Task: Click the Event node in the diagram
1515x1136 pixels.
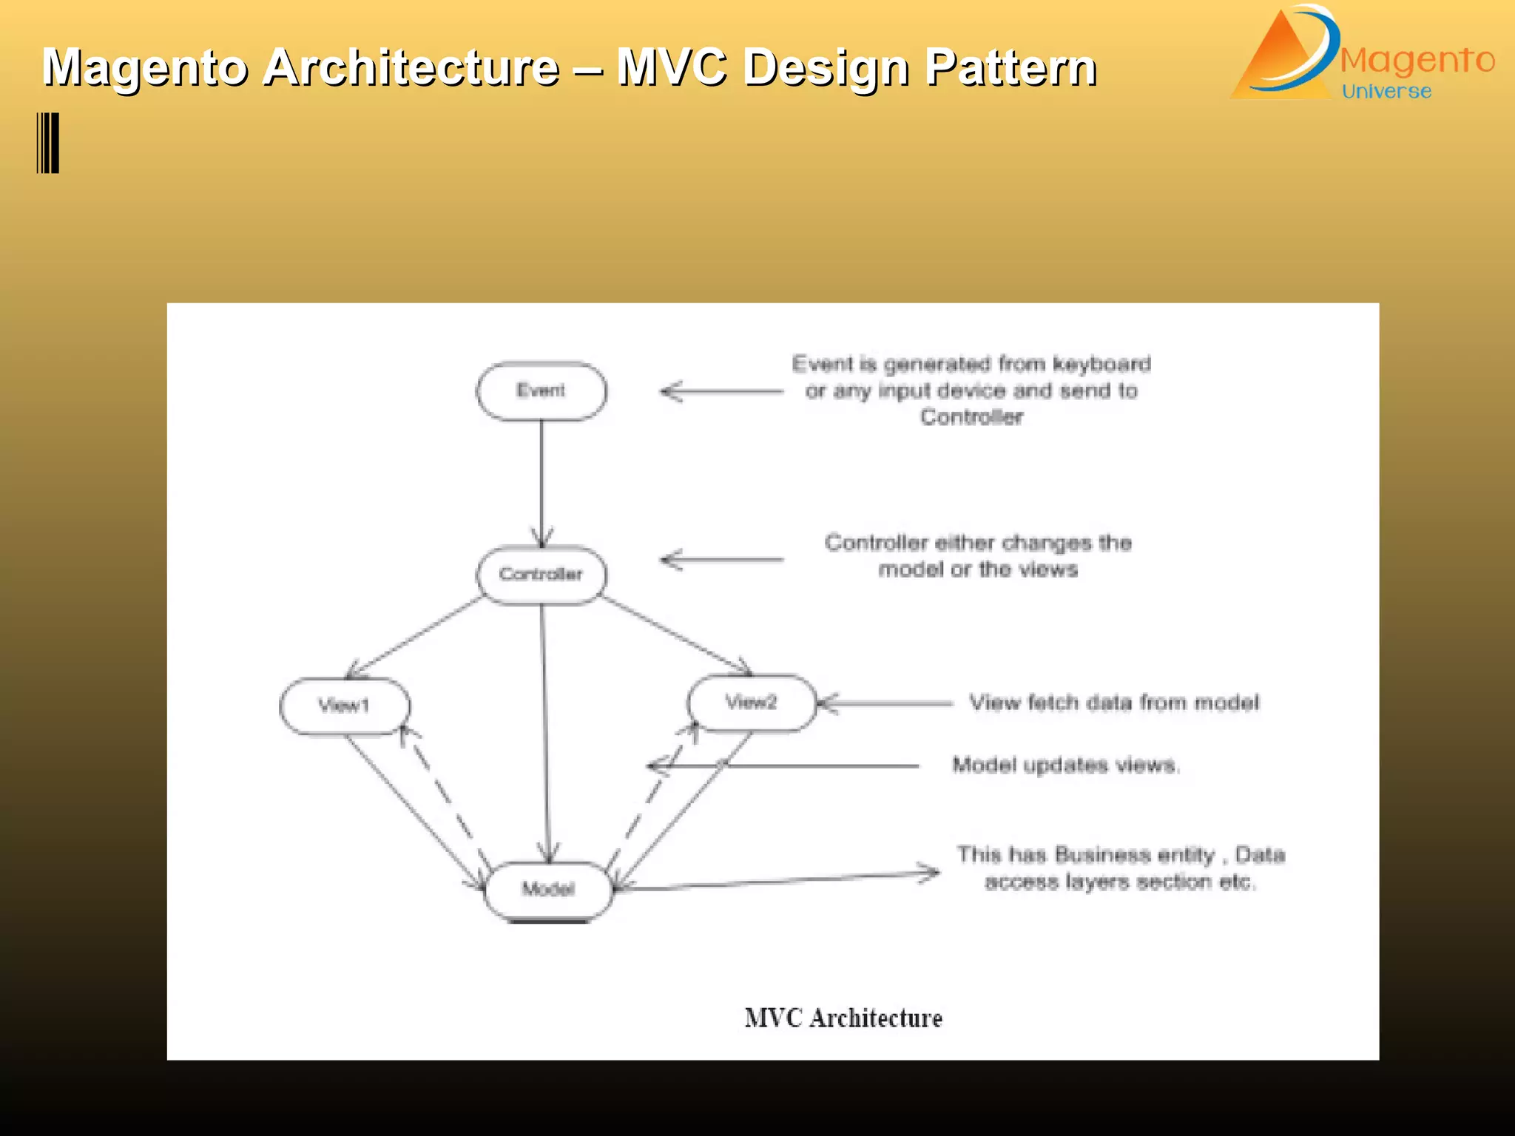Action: tap(541, 390)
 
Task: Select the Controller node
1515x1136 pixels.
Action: tap(541, 574)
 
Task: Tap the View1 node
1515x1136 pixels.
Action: tap(344, 706)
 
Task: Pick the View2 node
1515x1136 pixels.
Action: tap(751, 703)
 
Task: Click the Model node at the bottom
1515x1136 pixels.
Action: tap(548, 889)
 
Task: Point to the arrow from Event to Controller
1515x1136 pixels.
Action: tap(541, 481)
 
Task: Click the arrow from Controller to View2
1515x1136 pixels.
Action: tap(677, 636)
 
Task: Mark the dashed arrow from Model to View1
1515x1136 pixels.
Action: tap(444, 799)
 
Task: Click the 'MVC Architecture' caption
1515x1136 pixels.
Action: tap(843, 1018)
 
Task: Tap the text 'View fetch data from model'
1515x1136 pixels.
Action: tap(1114, 703)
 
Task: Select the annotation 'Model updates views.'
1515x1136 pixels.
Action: tap(1065, 765)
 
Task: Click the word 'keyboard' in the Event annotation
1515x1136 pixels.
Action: tap(1101, 364)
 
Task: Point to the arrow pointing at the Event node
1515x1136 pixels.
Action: tap(721, 391)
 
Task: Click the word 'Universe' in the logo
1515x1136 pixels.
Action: tap(1386, 91)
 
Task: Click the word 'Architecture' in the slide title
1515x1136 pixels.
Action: tap(411, 67)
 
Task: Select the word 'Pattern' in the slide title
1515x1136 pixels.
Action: tap(1010, 67)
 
